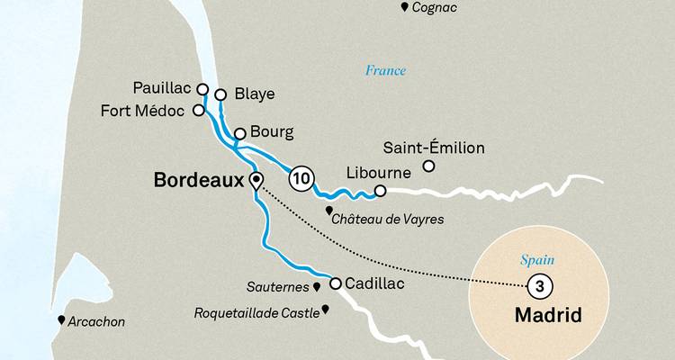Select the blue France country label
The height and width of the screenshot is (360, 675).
point(385,70)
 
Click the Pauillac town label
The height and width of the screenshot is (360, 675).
point(162,90)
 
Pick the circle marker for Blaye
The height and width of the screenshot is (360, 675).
point(220,94)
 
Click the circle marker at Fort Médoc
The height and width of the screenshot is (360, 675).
point(199,112)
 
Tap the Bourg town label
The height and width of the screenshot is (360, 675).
point(273,133)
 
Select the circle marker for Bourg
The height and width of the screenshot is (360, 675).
point(239,134)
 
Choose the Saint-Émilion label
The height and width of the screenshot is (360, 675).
point(434,148)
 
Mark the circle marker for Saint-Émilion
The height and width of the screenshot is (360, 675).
point(429,166)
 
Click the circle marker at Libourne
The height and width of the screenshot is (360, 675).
point(381,190)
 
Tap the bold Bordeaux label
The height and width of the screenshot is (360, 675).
point(199,180)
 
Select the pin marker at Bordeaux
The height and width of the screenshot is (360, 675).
point(256,180)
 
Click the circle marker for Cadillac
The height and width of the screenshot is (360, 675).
point(336,283)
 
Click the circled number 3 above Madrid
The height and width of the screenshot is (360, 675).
point(537,286)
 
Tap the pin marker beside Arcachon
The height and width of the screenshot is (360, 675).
point(61,320)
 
